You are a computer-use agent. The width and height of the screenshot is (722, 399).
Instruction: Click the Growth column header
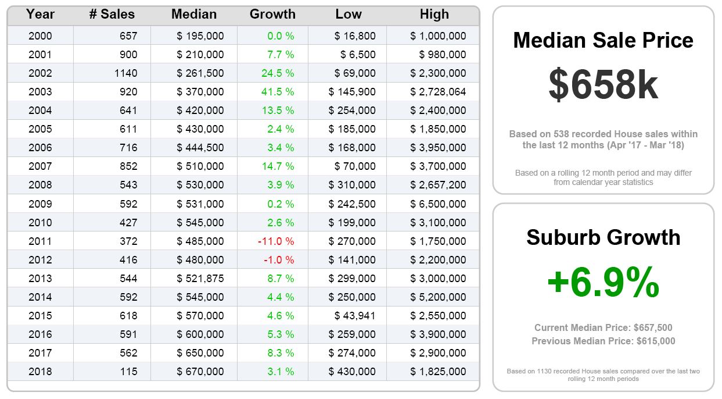[272, 15]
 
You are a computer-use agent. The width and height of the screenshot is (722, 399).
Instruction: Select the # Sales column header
[112, 15]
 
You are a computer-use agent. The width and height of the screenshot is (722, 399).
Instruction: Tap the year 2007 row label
[40, 166]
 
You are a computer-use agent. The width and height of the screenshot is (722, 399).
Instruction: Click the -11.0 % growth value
[279, 241]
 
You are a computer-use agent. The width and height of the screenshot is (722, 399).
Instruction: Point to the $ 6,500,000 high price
[438, 204]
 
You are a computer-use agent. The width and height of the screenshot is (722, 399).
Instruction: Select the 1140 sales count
[127, 73]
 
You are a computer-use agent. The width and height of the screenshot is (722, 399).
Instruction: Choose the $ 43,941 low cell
[355, 315]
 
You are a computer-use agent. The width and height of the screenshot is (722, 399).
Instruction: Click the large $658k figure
[603, 85]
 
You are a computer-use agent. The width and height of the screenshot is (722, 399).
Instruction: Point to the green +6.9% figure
[603, 282]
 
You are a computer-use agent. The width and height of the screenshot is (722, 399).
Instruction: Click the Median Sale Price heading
[603, 40]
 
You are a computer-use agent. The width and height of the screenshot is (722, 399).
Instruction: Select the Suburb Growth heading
[603, 237]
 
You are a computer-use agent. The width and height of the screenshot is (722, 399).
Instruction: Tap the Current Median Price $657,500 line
[603, 327]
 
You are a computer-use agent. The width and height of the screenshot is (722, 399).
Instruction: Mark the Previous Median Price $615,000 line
[603, 341]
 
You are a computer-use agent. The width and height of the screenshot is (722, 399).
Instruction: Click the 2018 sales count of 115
[128, 371]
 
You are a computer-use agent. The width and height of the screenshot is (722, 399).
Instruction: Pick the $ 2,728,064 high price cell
[438, 92]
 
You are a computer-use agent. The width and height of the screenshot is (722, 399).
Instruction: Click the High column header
[434, 15]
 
